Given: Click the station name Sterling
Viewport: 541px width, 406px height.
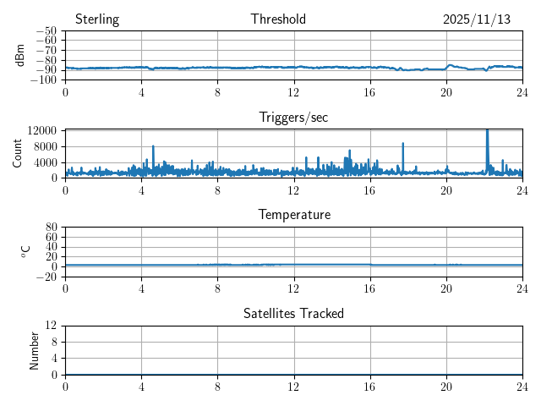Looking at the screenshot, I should [x=96, y=19].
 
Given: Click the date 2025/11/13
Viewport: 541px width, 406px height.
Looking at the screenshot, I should [x=477, y=19].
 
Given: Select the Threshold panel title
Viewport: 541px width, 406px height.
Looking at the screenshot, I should [x=278, y=19].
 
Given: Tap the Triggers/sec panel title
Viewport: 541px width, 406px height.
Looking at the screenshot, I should [x=293, y=118].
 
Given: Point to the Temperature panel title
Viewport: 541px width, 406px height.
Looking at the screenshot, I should [x=293, y=215].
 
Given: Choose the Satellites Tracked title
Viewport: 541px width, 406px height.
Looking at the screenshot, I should [x=293, y=314].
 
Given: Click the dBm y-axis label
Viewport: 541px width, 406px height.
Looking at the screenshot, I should [x=20, y=55].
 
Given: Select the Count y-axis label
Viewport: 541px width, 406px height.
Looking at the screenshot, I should [x=18, y=153].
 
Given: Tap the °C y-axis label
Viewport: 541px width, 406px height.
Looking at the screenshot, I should [x=25, y=251].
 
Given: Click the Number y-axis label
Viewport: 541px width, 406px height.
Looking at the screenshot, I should [x=35, y=350].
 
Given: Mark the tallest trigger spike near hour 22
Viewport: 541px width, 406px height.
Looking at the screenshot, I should [x=487, y=132].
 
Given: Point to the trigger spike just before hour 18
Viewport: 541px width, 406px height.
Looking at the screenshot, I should [x=403, y=144].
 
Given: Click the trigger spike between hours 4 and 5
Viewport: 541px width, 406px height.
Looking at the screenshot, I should [x=153, y=147].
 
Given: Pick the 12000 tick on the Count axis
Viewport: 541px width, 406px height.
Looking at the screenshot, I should [x=41, y=130].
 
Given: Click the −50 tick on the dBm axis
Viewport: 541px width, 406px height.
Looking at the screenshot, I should [x=45, y=31].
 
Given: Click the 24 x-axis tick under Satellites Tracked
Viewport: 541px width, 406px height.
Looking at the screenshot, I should [x=522, y=385].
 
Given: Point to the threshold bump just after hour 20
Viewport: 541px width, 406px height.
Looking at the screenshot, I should [x=451, y=65].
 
